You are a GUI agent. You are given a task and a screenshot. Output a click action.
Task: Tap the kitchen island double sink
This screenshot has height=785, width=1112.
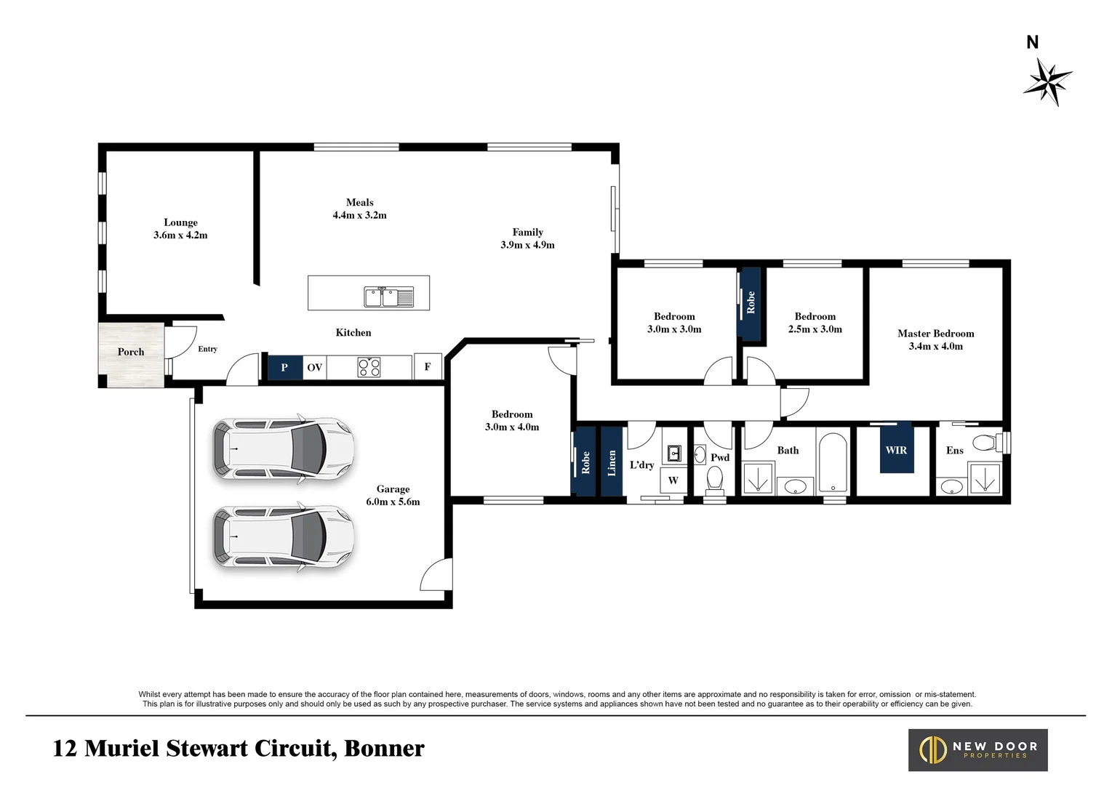[x=388, y=297]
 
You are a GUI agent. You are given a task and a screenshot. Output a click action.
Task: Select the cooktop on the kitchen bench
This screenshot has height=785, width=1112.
[x=369, y=367]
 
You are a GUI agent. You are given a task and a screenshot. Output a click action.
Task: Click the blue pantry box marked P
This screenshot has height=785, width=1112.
[x=285, y=368]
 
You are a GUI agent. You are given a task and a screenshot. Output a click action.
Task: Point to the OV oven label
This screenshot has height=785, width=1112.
[x=315, y=368]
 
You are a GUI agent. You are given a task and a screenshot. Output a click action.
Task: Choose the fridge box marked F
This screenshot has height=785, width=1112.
[x=428, y=367]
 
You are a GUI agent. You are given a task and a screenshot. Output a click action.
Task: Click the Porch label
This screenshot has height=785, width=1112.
[x=131, y=352]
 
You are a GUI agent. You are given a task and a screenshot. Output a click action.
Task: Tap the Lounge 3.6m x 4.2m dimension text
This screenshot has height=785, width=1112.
[x=180, y=235]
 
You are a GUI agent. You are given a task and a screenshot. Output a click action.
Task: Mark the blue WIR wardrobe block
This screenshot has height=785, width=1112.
[x=897, y=448]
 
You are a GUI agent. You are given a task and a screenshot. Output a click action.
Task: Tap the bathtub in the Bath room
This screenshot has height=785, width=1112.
[x=833, y=463]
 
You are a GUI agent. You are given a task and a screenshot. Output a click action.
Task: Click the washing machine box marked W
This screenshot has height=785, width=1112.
[x=673, y=480]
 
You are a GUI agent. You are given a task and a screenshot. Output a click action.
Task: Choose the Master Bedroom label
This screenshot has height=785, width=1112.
[x=936, y=334]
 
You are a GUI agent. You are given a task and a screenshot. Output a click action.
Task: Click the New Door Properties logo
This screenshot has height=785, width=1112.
[x=978, y=750]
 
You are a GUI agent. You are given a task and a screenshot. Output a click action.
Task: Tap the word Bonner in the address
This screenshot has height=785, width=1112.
[x=384, y=748]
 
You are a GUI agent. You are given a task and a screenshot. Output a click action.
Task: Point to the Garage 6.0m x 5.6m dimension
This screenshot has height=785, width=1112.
[x=393, y=502]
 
